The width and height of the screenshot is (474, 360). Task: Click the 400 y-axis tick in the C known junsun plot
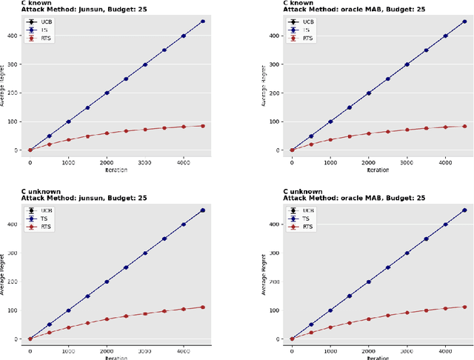pos(16,36)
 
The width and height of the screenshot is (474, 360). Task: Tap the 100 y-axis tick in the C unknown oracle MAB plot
pos(278,310)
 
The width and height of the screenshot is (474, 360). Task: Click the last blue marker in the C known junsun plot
pos(203,21)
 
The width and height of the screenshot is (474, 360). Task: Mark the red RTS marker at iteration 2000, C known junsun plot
pos(107,133)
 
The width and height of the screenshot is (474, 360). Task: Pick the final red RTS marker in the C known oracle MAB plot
pos(465,127)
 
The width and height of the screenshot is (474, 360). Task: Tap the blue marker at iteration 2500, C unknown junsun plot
pos(126,267)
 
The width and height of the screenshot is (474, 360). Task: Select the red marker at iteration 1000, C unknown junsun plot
pos(68,327)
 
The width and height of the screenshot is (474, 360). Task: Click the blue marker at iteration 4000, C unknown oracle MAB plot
pos(446,224)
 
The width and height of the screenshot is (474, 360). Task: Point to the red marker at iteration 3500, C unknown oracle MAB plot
pos(427,310)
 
